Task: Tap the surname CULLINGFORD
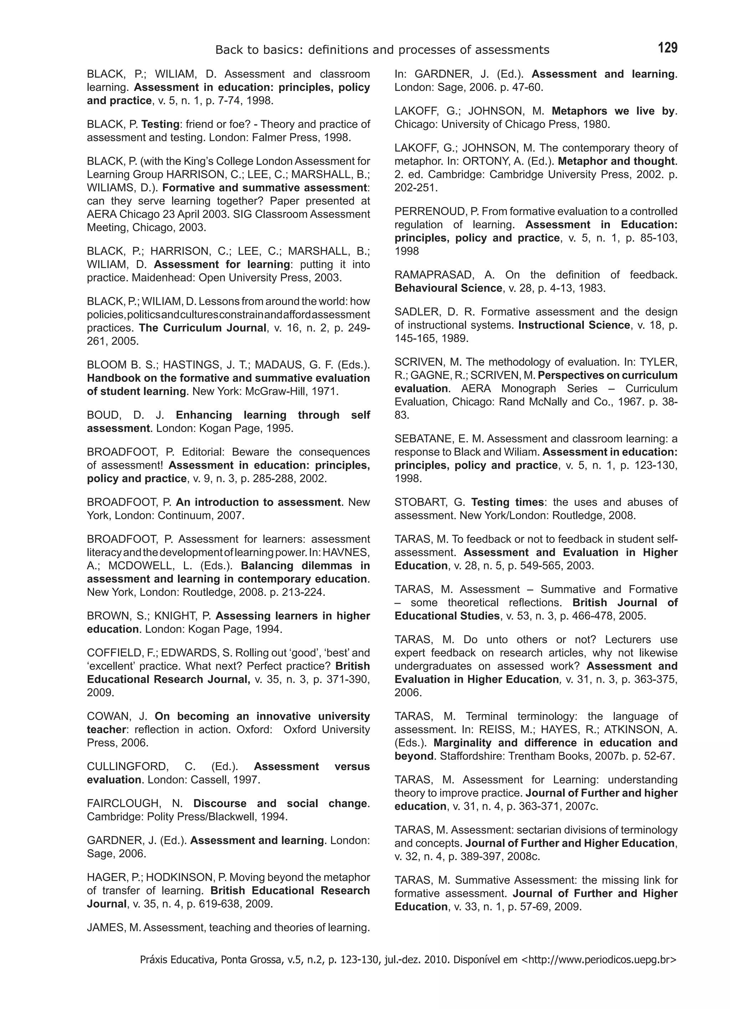128,766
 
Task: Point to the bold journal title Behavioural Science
448,288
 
